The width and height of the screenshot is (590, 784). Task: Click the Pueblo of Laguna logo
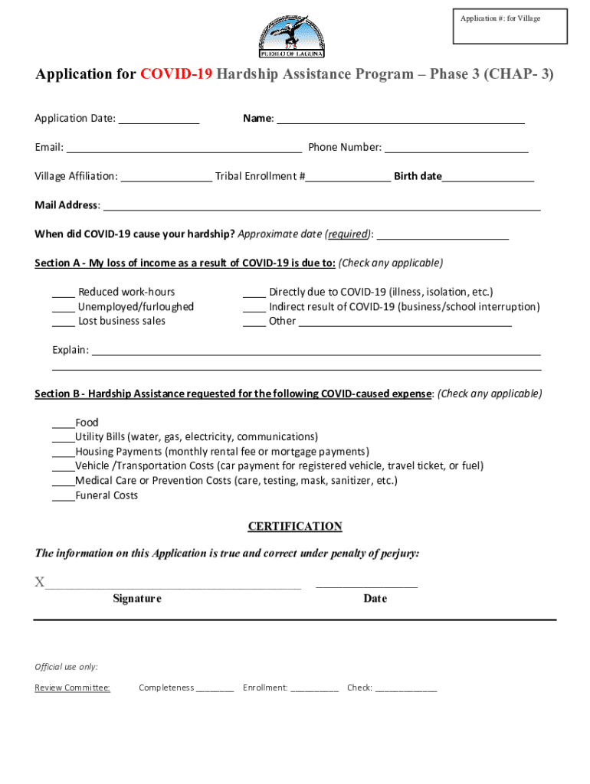point(293,34)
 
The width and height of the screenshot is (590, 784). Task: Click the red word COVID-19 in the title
point(176,74)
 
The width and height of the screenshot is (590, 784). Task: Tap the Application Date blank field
point(159,119)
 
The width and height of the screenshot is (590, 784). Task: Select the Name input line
point(400,119)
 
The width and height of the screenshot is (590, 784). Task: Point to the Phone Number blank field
point(456,149)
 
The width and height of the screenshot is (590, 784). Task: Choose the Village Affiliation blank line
point(166,178)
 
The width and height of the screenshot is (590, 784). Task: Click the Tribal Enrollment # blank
point(349,178)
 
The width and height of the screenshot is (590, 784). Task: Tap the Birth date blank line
point(488,178)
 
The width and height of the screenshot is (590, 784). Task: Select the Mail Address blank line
point(322,206)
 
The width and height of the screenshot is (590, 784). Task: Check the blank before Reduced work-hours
point(64,293)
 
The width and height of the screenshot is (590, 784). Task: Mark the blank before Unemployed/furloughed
point(64,308)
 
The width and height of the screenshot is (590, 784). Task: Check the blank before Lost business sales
point(64,322)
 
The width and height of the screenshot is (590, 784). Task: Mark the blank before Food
point(63,424)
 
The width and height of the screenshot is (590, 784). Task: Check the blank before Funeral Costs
point(63,497)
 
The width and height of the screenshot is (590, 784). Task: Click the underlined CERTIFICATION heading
point(295,527)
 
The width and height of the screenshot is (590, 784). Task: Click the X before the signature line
point(39,583)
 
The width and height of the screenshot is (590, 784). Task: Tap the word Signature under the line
point(137,599)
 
